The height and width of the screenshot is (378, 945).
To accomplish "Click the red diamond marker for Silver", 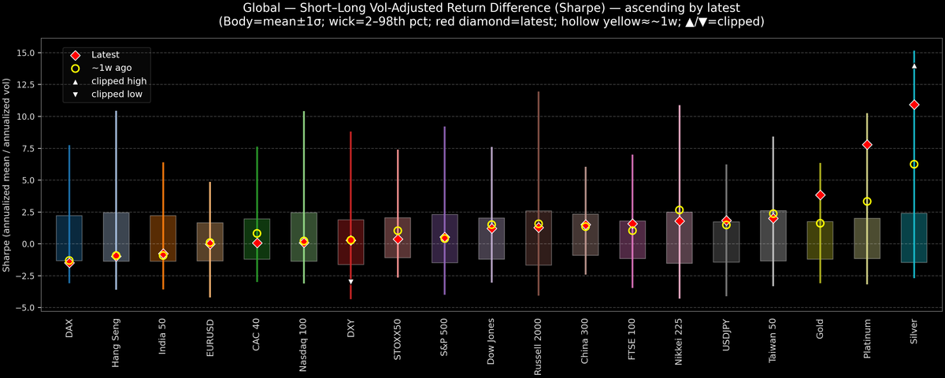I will (913, 105).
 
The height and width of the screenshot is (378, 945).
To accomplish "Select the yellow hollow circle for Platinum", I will (867, 202).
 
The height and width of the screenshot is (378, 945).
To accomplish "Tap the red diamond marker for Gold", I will (820, 195).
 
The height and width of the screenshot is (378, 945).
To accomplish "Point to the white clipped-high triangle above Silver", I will (913, 66).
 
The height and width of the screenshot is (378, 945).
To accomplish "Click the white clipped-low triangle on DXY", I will (350, 281).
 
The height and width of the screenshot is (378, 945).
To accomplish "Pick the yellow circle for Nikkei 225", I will (679, 210).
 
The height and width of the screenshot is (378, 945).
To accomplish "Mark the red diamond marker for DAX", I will (69, 262).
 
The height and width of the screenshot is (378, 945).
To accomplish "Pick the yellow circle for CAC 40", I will (257, 234).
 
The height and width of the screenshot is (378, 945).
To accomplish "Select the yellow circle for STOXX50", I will (398, 231).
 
